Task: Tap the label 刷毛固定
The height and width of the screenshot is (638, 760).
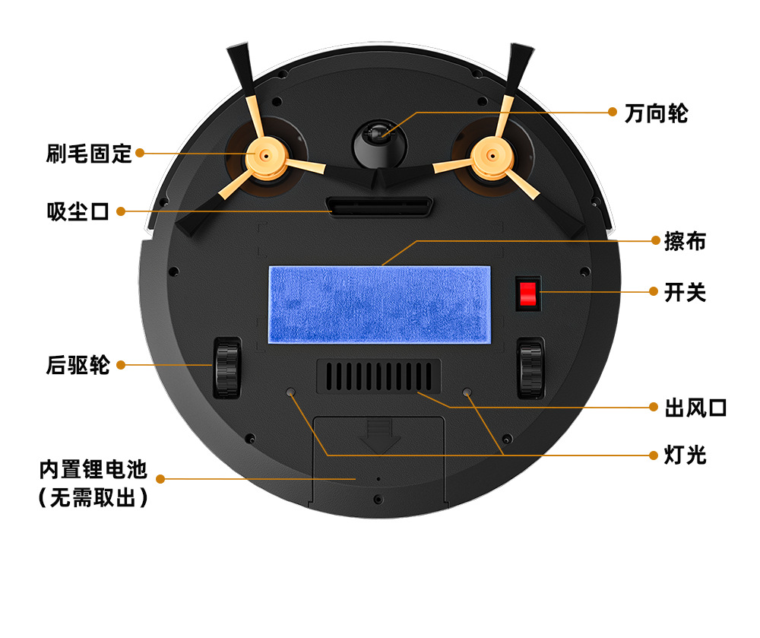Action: pos(89,154)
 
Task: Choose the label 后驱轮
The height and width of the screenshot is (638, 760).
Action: pos(78,365)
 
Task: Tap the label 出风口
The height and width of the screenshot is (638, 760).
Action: pos(695,408)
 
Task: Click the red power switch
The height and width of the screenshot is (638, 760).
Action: pos(527,294)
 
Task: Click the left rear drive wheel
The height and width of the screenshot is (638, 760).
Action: pos(226,368)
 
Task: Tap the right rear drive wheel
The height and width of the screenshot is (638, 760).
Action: pos(530,368)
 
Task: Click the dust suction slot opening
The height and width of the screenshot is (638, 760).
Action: pos(379,207)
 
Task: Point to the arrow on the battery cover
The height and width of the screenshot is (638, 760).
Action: pos(378,437)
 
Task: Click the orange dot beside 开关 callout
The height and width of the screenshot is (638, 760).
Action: pos(653,291)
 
